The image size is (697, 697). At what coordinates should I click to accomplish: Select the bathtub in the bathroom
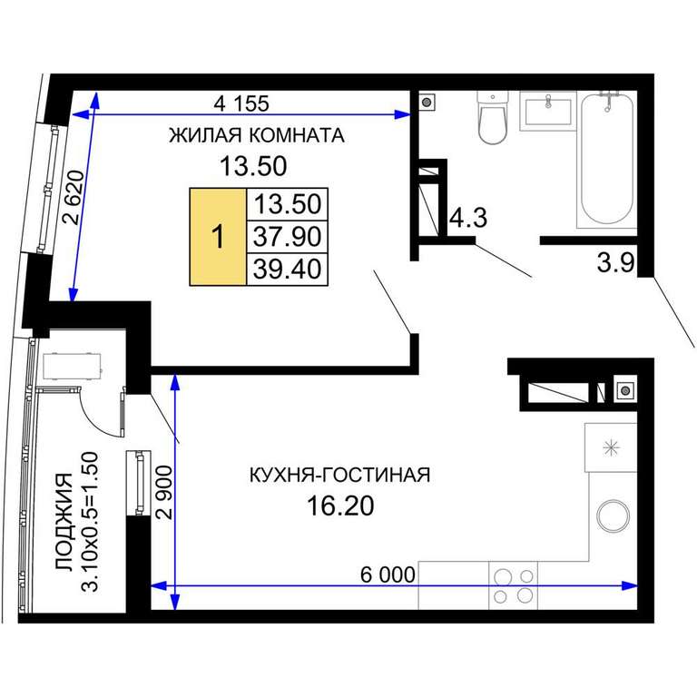607,159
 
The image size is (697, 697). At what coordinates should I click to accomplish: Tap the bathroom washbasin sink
548,111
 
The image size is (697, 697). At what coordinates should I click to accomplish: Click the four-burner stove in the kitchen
514,585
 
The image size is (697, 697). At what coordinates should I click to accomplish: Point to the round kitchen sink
613,515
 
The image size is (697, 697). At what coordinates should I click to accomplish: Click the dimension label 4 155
241,103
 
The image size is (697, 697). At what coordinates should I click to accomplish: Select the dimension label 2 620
74,197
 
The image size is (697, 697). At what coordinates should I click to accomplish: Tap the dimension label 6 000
388,574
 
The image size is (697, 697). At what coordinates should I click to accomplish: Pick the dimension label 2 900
164,492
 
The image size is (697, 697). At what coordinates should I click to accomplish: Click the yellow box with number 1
218,237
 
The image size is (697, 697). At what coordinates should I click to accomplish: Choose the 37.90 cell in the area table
287,237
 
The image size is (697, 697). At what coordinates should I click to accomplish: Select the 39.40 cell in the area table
287,270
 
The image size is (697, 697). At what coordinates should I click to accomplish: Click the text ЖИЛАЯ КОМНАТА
257,135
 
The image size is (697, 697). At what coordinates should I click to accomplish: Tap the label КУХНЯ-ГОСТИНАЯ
339,476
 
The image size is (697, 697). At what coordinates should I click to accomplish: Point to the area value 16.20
340,506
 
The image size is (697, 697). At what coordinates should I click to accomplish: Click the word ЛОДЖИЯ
64,522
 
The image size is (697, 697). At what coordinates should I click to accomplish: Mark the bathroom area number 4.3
468,218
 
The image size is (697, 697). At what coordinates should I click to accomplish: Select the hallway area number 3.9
615,262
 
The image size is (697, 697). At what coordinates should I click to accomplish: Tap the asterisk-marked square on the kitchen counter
611,447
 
